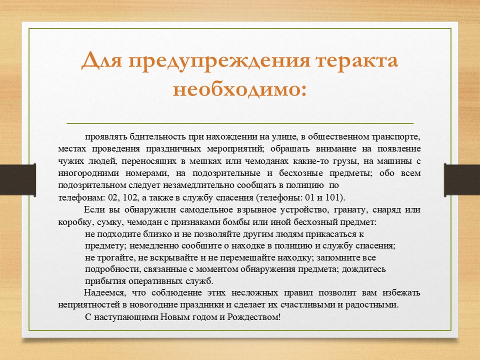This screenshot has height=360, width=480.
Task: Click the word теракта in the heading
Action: pos(357,61)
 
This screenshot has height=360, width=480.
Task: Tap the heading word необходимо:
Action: pos(239,90)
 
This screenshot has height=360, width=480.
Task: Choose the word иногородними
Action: pos(88,173)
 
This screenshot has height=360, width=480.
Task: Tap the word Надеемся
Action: pos(104,293)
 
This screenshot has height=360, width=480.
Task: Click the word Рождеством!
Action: pos(254,317)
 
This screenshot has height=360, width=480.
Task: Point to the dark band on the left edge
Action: pos(18,179)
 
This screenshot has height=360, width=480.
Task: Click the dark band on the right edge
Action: pos(462,179)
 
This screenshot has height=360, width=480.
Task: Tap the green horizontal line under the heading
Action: pos(240,123)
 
